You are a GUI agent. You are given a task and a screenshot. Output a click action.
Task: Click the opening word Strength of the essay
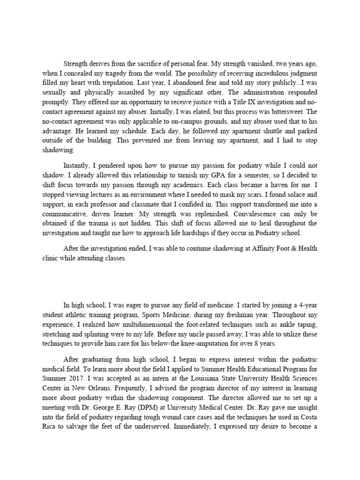tap(76, 64)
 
